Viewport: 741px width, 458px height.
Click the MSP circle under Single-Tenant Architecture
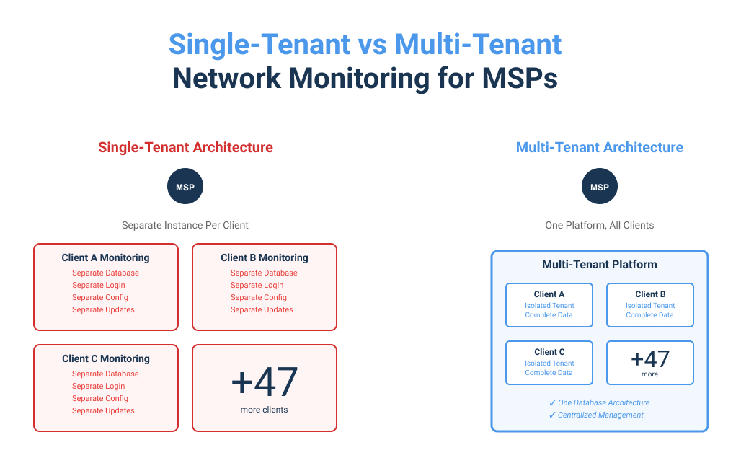click(185, 187)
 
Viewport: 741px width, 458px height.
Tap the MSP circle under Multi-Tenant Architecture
click(600, 187)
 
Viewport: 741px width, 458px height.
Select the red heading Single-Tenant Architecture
click(185, 148)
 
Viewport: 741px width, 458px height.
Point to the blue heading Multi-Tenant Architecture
click(600, 148)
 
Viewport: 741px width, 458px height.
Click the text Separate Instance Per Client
click(185, 225)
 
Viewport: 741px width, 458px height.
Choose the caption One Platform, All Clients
click(600, 225)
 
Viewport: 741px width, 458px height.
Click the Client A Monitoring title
click(105, 257)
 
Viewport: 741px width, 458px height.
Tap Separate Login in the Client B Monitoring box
click(257, 285)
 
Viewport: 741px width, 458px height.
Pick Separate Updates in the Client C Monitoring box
click(103, 410)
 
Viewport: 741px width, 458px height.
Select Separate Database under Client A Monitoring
click(105, 273)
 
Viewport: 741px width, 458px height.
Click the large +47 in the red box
click(265, 382)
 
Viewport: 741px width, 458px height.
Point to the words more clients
click(265, 410)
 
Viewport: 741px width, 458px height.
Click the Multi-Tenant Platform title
click(600, 265)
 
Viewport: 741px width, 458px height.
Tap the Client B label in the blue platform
click(650, 294)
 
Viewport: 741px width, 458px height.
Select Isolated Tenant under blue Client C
click(549, 364)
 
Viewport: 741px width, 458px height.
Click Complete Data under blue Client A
click(549, 315)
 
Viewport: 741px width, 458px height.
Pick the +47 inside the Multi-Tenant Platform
click(650, 359)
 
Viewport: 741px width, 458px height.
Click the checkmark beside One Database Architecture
click(552, 402)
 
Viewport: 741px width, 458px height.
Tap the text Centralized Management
click(601, 415)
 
